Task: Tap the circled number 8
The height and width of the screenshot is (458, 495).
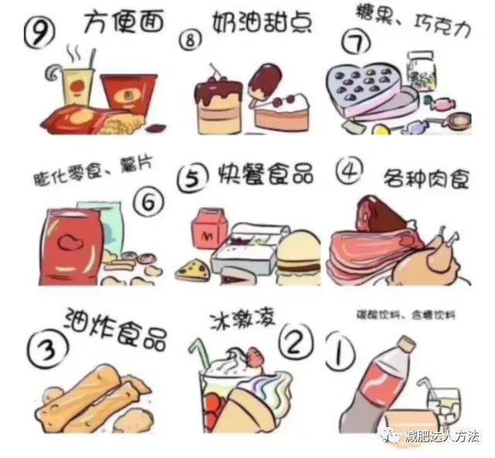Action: click(211, 42)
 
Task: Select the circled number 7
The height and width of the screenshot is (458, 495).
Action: click(357, 45)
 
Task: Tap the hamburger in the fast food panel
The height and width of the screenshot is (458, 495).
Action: click(298, 254)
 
